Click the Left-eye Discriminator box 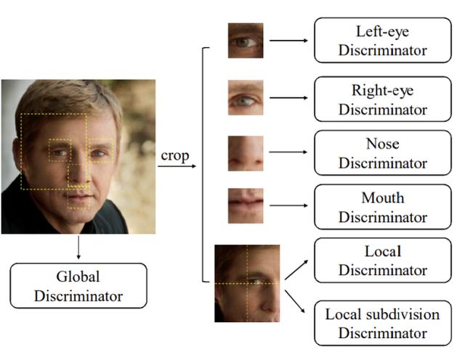click(x=383, y=41)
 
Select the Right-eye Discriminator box click(x=383, y=99)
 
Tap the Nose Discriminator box click(x=383, y=153)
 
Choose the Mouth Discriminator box click(x=383, y=207)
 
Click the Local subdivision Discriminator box click(x=383, y=323)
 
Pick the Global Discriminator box click(x=78, y=286)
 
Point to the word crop click(x=175, y=156)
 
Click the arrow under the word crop click(x=177, y=166)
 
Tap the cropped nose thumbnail click(x=246, y=153)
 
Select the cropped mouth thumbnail click(x=246, y=205)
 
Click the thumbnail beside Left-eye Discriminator click(x=246, y=41)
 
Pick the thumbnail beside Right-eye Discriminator click(x=246, y=97)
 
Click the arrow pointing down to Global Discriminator click(x=78, y=247)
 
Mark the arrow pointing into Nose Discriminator click(x=288, y=152)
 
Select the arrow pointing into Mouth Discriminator click(x=288, y=205)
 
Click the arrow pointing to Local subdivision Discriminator click(x=295, y=301)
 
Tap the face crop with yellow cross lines click(x=247, y=283)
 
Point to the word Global click(x=78, y=277)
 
